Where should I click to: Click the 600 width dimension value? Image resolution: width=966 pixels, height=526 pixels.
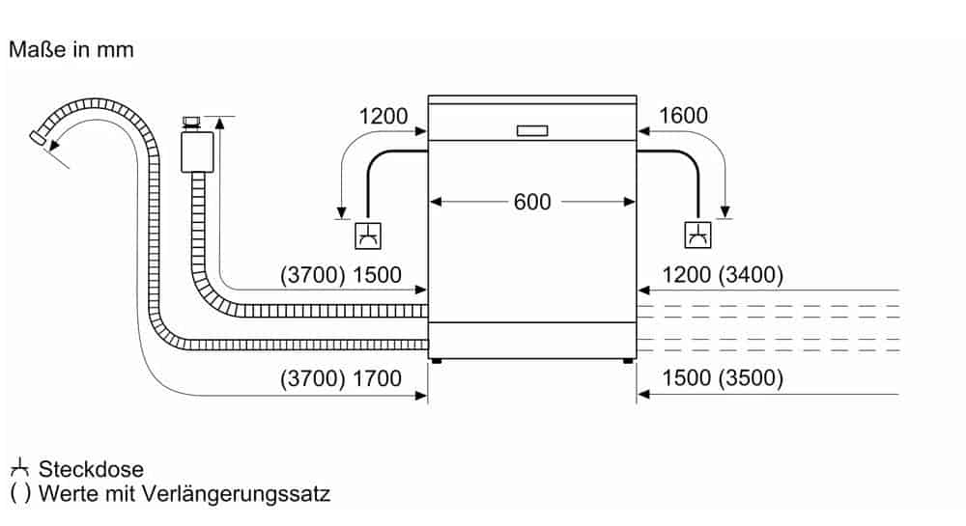(532, 202)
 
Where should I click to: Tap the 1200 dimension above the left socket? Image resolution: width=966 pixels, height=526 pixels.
(384, 117)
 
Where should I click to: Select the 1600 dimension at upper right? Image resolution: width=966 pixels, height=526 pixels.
(683, 117)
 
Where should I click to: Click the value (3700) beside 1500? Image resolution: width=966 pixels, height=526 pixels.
(313, 275)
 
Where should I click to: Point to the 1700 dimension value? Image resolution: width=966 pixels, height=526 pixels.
(377, 378)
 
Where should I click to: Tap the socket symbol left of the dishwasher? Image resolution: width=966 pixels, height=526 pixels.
(367, 234)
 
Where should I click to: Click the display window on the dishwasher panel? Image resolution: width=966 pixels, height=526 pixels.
(532, 130)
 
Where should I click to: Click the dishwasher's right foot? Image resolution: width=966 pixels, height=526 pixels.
(629, 362)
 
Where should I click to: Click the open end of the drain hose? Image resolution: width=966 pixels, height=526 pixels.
(40, 137)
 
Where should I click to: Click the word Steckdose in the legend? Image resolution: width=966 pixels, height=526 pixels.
(91, 470)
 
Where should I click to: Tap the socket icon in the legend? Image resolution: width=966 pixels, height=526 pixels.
(19, 470)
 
